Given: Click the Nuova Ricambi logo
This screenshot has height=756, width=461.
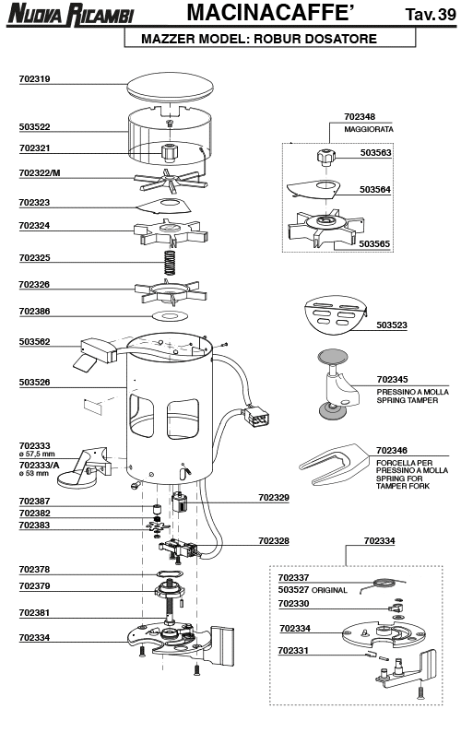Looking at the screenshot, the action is coord(71,14).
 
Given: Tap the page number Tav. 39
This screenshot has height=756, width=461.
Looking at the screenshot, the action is coord(431,15).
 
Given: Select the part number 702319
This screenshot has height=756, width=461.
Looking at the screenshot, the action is coord(35,79).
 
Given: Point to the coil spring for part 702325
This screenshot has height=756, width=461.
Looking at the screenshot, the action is coord(169,262).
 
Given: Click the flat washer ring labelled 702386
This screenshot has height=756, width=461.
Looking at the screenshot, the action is coord(170,316).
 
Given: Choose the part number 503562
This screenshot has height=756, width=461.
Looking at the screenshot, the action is coord(35,342).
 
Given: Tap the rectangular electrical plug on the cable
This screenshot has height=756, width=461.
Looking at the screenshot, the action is coord(256,417).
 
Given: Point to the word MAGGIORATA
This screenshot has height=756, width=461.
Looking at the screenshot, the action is coord(369,129).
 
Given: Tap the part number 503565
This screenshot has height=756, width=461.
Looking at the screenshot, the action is coord(374,244).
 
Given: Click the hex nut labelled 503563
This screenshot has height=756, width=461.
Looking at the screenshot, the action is coord(325,156).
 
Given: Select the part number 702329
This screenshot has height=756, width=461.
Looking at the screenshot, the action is coord(274,498).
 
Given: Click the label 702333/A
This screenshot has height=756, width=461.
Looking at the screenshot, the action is coord(39,466).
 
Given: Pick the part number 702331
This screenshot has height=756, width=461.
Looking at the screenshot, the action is coord(293,651).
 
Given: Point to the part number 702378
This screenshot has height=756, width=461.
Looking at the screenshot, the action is coord(34,570).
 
